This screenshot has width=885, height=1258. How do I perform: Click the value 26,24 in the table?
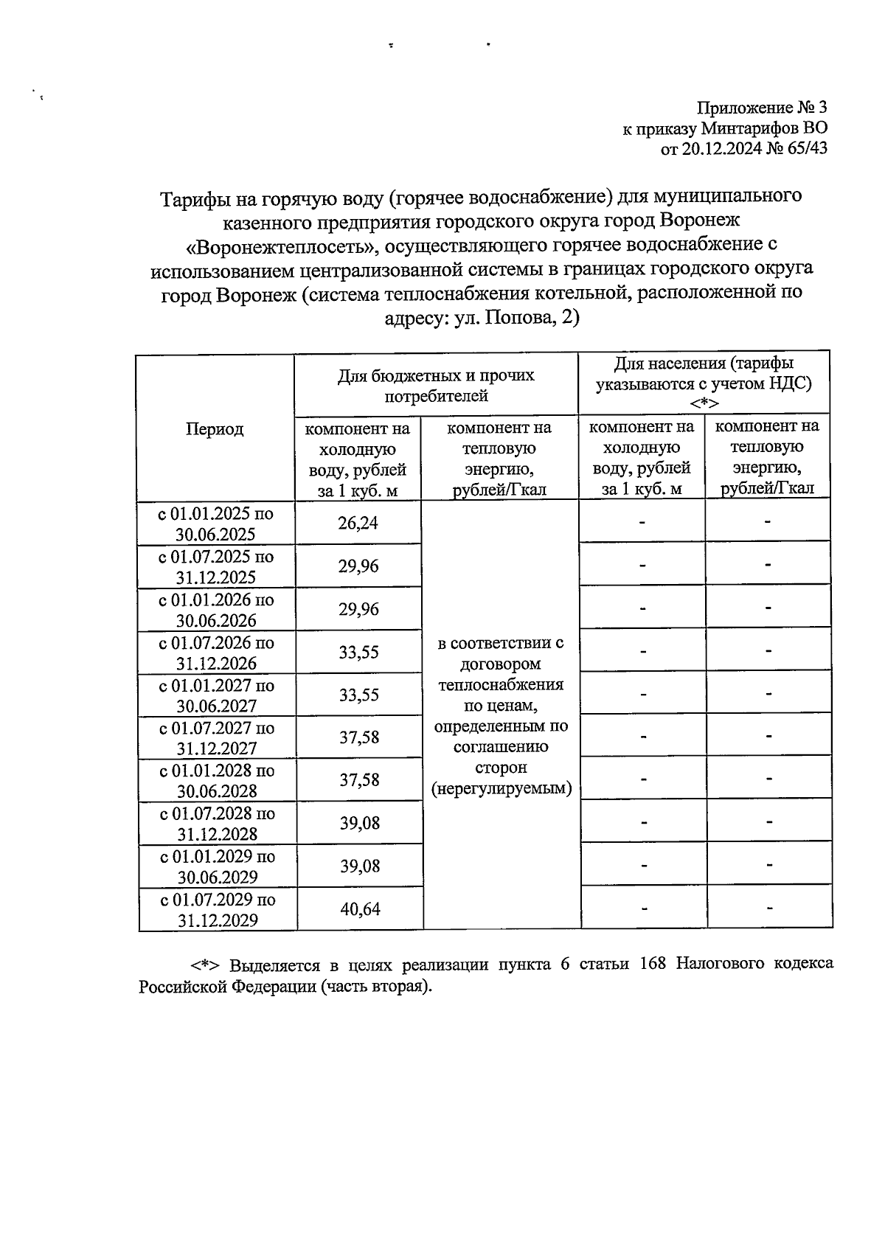tap(358, 524)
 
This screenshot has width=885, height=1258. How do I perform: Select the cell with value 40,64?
tap(360, 909)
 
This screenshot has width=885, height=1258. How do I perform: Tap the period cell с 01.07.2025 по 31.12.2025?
tap(216, 567)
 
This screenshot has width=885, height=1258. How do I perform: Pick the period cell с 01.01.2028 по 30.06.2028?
tap(217, 781)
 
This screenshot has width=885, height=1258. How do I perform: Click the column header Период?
tap(215, 429)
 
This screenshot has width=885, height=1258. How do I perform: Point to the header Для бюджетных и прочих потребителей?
tap(436, 386)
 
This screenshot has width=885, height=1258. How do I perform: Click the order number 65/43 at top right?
tap(807, 148)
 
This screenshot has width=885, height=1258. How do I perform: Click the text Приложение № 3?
tap(763, 108)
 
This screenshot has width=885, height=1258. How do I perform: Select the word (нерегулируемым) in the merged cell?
tap(502, 788)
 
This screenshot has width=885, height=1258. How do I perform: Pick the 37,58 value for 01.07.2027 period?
tap(359, 737)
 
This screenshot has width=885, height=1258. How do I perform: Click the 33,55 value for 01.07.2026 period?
tap(359, 652)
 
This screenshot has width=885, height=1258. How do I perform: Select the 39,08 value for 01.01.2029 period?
tap(360, 866)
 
